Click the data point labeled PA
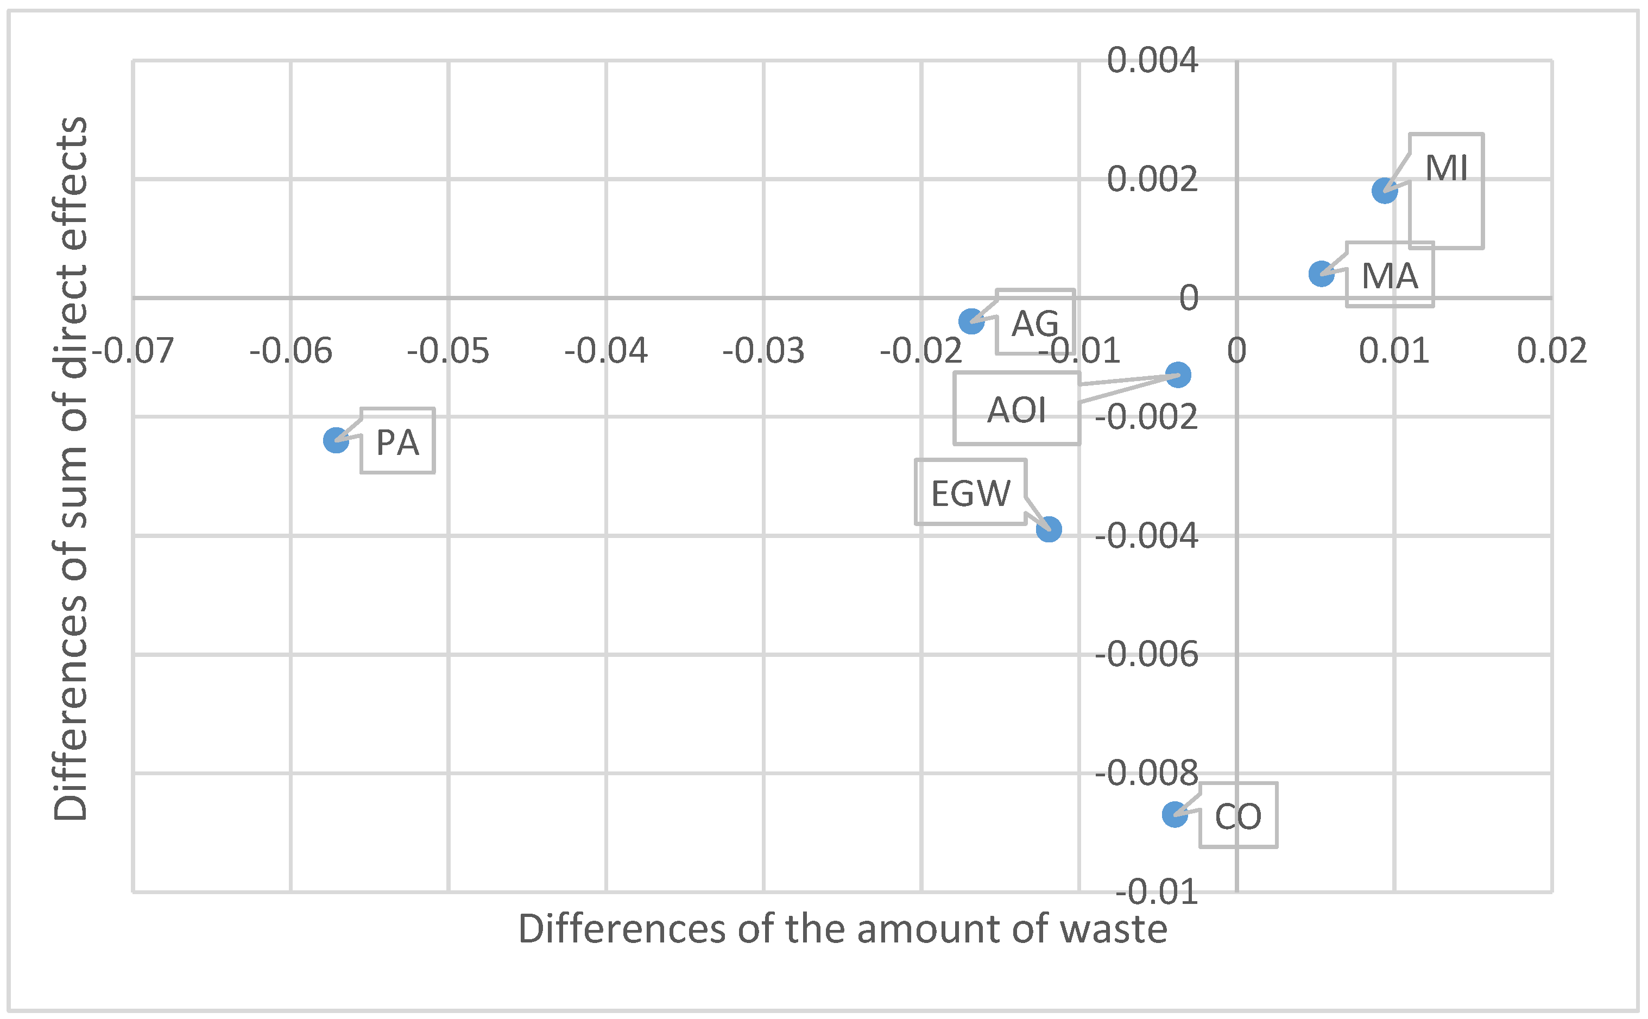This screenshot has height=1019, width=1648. [x=336, y=441]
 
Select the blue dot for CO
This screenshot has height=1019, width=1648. [x=1175, y=815]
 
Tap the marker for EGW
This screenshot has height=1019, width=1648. [x=1049, y=529]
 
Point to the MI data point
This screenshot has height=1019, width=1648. [x=1385, y=191]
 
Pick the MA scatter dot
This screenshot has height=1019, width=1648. [x=1322, y=274]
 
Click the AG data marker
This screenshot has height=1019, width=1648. [x=971, y=321]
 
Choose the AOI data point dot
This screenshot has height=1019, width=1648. [x=1178, y=375]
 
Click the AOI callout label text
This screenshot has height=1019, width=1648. [x=1016, y=410]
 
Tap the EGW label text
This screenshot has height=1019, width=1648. [x=970, y=493]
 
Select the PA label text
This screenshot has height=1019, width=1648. [x=397, y=443]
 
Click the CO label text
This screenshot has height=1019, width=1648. [x=1238, y=817]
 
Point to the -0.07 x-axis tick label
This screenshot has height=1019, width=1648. [x=133, y=351]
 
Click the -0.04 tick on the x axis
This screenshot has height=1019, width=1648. [x=606, y=351]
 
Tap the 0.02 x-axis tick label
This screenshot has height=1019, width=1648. [x=1551, y=351]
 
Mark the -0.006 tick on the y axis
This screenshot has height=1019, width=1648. [x=1146, y=654]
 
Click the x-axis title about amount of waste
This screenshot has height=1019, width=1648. [x=843, y=929]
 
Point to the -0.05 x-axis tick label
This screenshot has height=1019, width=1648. [x=448, y=351]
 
